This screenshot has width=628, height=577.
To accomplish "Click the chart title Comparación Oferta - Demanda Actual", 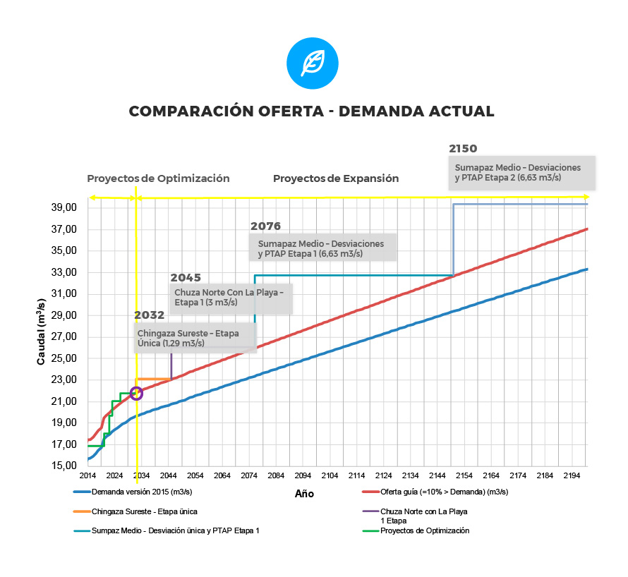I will click(x=312, y=111).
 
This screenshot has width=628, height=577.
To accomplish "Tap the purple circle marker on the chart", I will click(x=136, y=393).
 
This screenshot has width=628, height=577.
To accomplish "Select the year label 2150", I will click(x=463, y=149).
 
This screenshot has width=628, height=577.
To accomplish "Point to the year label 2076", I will click(x=265, y=226).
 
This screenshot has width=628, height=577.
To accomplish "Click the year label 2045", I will click(x=186, y=278).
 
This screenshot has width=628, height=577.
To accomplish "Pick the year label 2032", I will click(x=149, y=315).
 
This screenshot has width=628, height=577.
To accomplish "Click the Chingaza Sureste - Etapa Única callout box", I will click(x=195, y=337).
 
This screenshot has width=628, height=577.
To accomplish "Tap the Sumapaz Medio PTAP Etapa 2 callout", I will click(x=522, y=173).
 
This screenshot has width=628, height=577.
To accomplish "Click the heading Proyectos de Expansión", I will click(x=336, y=178).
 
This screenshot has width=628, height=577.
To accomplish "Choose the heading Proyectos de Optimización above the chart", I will click(x=158, y=178).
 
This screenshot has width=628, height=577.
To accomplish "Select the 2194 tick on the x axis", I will click(x=572, y=475).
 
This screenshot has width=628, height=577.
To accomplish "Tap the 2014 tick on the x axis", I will click(x=87, y=475).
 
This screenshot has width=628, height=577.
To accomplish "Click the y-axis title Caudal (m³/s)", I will click(x=42, y=332).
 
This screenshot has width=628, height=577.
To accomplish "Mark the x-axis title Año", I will click(x=304, y=494).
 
